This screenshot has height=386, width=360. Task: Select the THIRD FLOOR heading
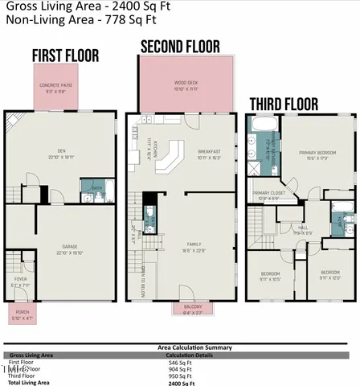[284, 103]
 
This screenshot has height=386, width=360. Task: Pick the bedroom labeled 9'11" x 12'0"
[330, 275]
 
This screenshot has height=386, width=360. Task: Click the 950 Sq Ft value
[177, 376]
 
